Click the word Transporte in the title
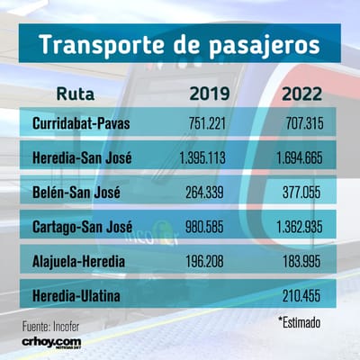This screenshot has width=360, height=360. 102,45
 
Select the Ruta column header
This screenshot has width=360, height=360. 76,94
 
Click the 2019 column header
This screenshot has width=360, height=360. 210,94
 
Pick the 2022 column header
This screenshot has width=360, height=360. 301,94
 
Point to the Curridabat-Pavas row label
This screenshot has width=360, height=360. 81,123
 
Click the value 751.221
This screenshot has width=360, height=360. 207,123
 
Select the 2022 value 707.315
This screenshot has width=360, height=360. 304,123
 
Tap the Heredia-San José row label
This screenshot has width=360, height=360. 82,157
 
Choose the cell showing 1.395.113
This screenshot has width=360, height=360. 202,157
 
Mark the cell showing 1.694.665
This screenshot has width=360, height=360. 300,157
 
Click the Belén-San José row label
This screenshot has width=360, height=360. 76,193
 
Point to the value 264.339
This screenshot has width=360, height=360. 204,193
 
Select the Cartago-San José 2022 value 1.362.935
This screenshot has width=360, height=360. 300,227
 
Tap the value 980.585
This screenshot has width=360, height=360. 204,227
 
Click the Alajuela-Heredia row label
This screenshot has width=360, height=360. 78,261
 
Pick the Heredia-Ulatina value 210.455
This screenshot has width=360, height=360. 301,296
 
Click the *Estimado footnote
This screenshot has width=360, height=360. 300,322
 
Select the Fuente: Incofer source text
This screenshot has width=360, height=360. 51,327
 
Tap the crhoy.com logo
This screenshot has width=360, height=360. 51,343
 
